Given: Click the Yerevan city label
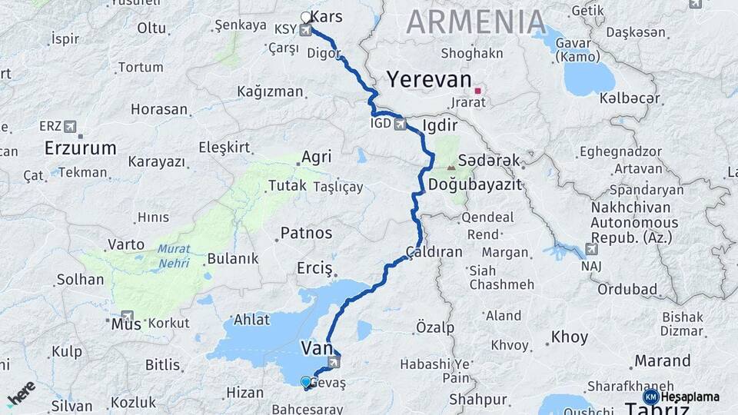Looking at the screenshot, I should tap(428, 79).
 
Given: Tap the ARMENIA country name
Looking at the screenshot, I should tap(476, 22).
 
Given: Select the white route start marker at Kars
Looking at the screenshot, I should tap(306, 17).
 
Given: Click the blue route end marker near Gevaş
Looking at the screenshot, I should tap(306, 382).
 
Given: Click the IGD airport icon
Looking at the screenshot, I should tap(401, 124).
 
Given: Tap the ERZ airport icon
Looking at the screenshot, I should tap(71, 126).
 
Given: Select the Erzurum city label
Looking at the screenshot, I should tap(80, 148).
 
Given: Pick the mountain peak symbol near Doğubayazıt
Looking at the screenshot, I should tap(450, 166).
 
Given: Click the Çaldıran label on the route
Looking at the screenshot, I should tap(434, 251).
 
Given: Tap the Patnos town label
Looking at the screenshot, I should tap(306, 232).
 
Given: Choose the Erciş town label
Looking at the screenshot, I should tap(314, 269).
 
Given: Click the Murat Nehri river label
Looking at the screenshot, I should tap(174, 255).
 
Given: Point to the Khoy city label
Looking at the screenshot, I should tap(569, 337).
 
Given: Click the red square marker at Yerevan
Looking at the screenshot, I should tap(477, 91).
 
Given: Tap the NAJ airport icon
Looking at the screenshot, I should tap(590, 249).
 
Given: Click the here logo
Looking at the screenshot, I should tap(22, 393).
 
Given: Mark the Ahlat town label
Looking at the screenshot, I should tap(252, 320).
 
